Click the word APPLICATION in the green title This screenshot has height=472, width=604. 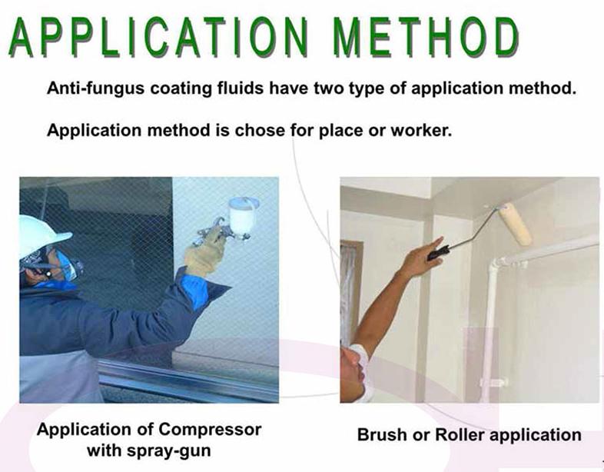tap(158, 38)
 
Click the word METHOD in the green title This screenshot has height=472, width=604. tap(426, 38)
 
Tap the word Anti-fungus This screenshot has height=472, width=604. tap(95, 88)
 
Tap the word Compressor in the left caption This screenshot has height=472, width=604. tap(210, 430)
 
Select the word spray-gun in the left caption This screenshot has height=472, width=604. tap(169, 450)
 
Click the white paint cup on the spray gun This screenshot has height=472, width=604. tap(243, 215)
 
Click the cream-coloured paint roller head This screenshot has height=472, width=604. tap(515, 224)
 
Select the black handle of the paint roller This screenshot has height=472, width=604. tap(438, 253)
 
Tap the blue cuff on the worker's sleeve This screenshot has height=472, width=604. tap(196, 291)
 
